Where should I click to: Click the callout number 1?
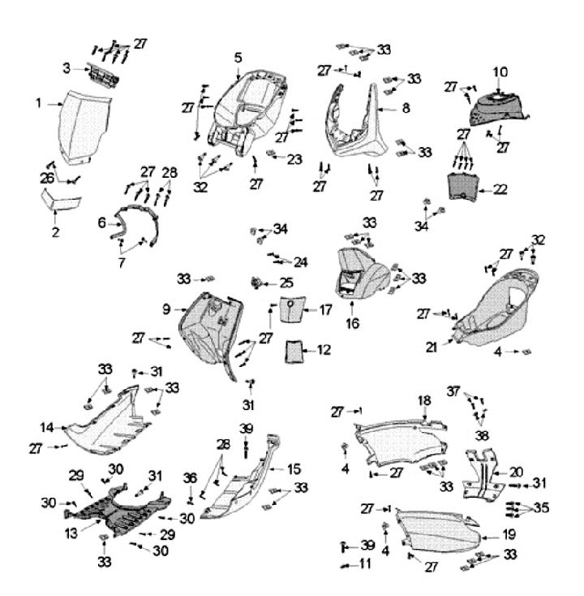(38, 103)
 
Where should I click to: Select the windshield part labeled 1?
(85, 127)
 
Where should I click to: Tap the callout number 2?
(56, 232)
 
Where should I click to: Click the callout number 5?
(238, 58)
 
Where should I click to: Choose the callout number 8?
(406, 108)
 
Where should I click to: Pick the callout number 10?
(500, 72)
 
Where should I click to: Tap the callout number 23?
(294, 159)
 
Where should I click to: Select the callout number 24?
(301, 262)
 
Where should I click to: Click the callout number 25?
(286, 283)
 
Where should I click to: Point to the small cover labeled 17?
(292, 309)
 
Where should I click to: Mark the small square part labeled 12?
(293, 352)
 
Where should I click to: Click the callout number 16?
(352, 323)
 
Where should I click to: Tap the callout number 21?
(432, 347)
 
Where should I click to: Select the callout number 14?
(47, 428)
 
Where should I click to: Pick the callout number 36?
(191, 478)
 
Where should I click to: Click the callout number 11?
(365, 564)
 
